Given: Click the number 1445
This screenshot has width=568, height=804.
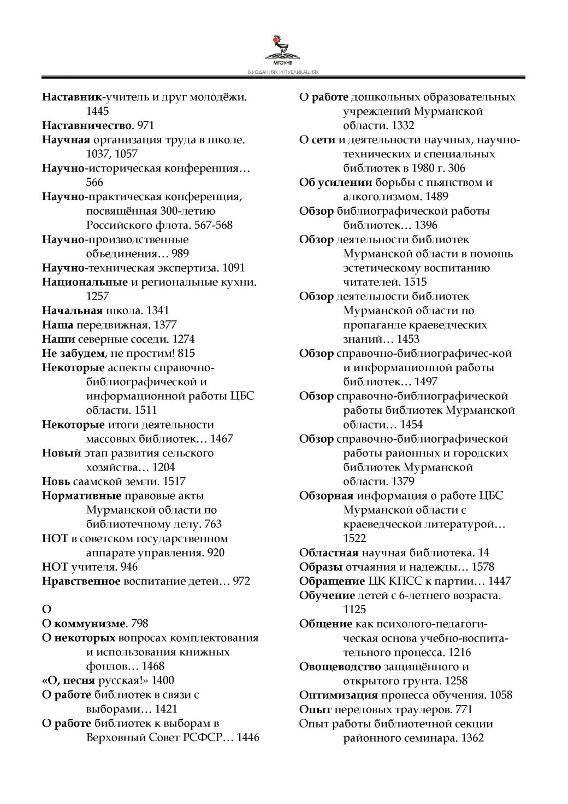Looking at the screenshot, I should tap(98, 111).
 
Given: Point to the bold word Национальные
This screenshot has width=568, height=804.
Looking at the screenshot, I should tap(85, 282).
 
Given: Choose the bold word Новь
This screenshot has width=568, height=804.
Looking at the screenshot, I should tap(56, 482).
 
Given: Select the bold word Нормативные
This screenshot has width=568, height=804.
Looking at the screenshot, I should tap(81, 496).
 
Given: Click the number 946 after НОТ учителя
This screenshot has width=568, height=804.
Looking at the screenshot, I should tap(129, 567).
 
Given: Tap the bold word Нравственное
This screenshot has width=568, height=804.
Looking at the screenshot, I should tap(81, 581).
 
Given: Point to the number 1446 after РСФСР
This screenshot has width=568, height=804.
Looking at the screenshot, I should tap(248, 737).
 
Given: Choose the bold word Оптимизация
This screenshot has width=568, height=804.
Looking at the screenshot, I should tap(338, 695).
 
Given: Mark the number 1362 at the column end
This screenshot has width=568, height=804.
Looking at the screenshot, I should tap(473, 738).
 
